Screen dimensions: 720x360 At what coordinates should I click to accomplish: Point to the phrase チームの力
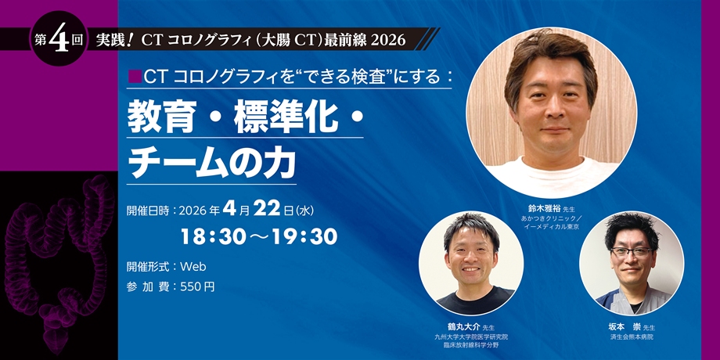211,163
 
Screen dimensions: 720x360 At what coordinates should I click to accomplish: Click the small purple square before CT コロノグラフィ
135,77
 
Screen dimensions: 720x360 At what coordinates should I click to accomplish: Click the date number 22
267,210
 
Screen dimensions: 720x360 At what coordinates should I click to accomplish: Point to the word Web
193,266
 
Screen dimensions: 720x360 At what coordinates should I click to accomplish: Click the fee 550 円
197,287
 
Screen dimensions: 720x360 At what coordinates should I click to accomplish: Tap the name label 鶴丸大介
462,327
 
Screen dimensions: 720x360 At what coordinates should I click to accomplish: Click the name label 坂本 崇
623,327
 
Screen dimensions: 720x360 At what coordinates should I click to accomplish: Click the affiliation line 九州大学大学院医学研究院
471,337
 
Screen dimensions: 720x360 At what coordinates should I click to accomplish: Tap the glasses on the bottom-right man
632,252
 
